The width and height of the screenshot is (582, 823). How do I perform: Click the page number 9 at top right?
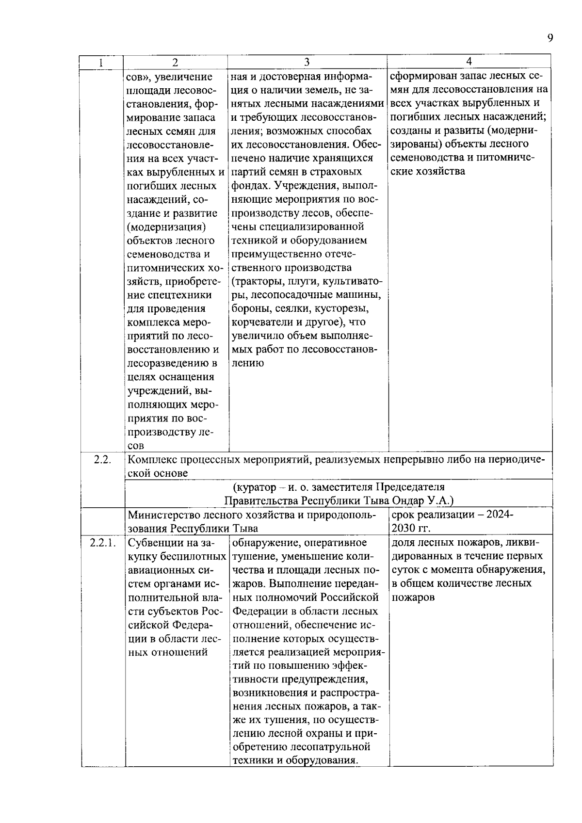[550, 38]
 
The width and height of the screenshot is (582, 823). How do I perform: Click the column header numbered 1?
[101, 63]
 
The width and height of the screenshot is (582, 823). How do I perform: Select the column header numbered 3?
[307, 62]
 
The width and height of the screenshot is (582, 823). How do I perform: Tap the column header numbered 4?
[469, 61]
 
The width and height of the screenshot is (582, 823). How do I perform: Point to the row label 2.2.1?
[102, 543]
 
